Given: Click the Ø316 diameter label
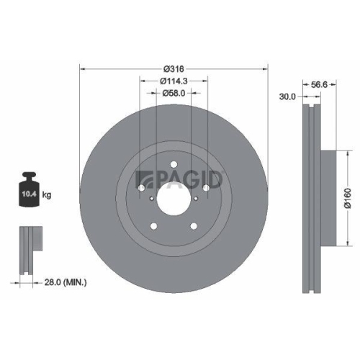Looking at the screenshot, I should (x=174, y=68).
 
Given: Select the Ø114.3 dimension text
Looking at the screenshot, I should (x=173, y=81).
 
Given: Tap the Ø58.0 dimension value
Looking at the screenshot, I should (x=174, y=92).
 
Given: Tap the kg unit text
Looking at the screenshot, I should (x=46, y=195).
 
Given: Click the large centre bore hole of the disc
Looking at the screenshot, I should (x=174, y=196).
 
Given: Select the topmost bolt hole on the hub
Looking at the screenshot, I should (x=174, y=169).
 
